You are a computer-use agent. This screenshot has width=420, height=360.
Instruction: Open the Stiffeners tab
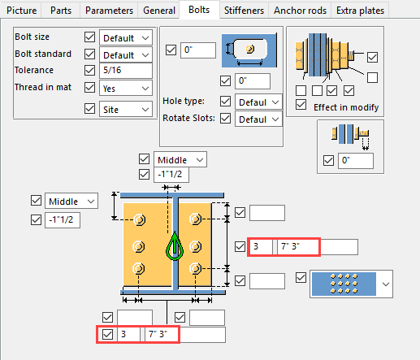tap(245, 11)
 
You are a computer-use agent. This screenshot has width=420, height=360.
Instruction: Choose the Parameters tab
tap(110, 11)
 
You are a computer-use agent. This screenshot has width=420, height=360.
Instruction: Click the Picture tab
tap(22, 11)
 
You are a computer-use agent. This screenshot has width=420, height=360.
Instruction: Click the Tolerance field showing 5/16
tap(125, 71)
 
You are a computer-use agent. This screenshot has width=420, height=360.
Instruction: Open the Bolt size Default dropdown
tap(126, 38)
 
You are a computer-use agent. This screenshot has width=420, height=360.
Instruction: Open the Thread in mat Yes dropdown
tap(126, 88)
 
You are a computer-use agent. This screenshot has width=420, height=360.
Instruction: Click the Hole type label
tap(184, 102)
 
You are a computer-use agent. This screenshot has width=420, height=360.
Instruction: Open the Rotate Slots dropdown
tap(258, 119)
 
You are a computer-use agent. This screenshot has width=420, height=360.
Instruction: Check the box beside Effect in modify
tap(302, 106)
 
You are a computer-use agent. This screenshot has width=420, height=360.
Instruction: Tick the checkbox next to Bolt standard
tap(89, 54)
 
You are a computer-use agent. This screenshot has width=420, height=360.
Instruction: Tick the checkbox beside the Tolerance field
tap(89, 71)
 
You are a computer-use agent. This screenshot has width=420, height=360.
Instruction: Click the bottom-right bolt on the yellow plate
tap(194, 268)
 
